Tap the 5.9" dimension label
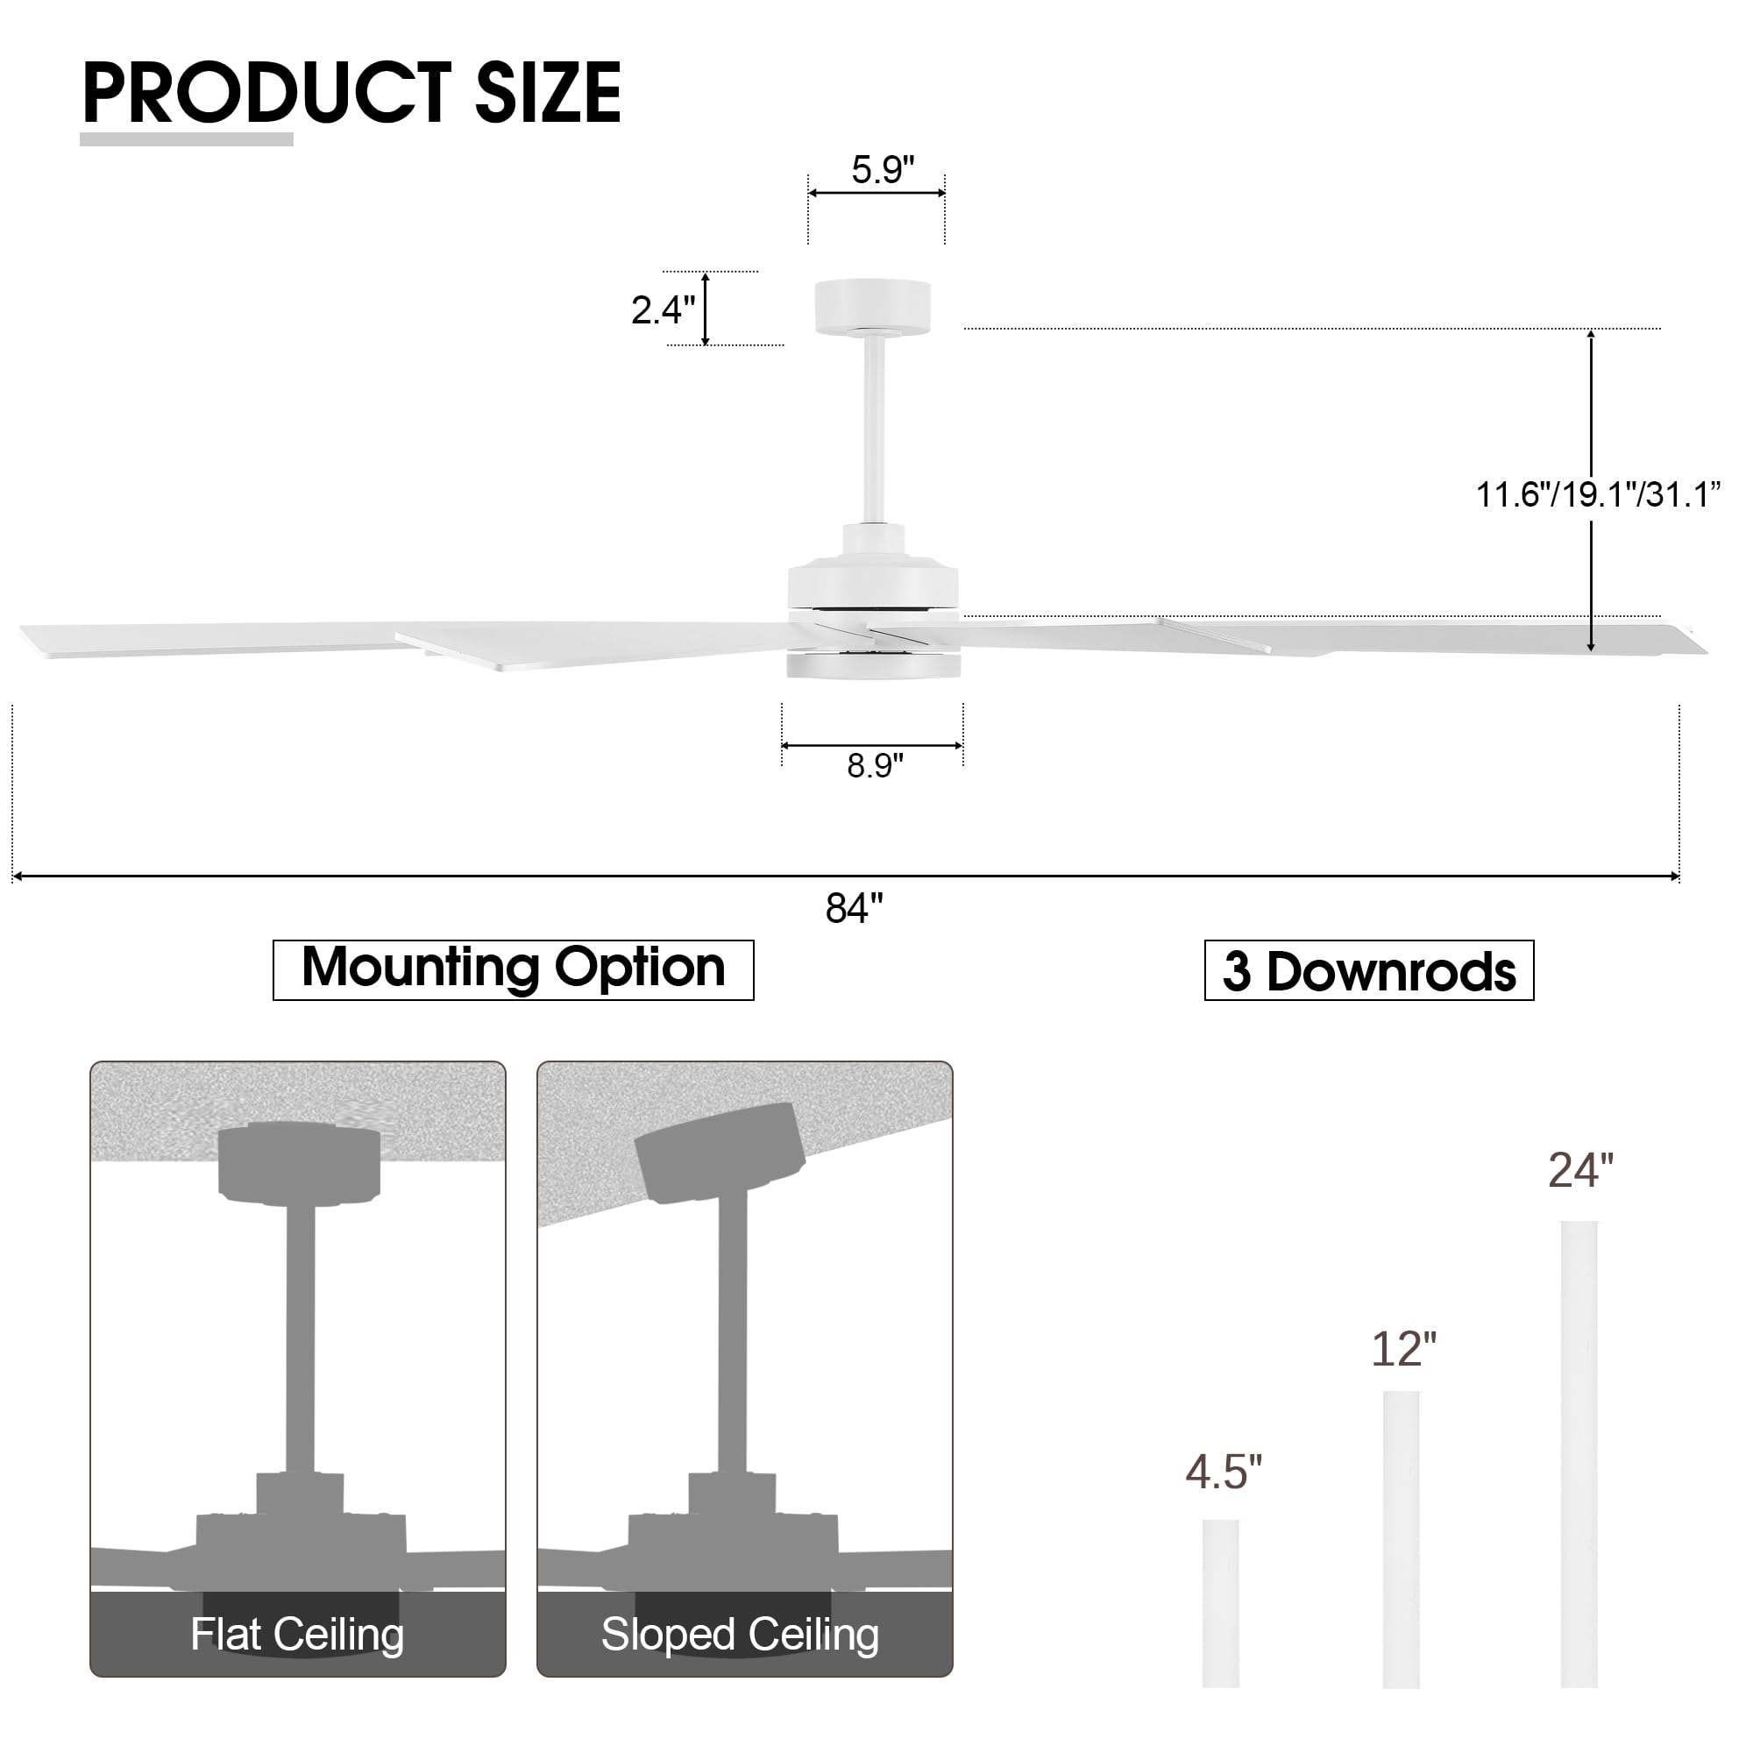(882, 170)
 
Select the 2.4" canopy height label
(663, 310)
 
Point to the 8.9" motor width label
(875, 766)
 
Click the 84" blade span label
(854, 908)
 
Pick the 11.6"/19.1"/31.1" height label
(1598, 495)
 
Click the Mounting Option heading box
(513, 969)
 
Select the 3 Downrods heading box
(1368, 972)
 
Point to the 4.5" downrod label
(1223, 1472)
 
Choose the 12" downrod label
(1402, 1349)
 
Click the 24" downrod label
(1580, 1170)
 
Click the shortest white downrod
(1220, 1603)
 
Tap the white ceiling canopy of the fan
(872, 307)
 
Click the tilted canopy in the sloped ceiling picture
(719, 1154)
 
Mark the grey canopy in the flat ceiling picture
(299, 1164)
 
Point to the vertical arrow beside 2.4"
(705, 309)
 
